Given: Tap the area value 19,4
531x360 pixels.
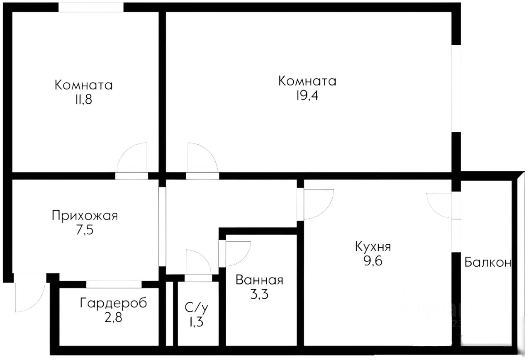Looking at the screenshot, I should click(x=307, y=96).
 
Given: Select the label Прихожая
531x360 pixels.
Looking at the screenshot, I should click(x=85, y=216).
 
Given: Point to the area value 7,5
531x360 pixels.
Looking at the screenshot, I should click(x=85, y=230).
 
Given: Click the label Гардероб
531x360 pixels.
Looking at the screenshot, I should click(x=113, y=303).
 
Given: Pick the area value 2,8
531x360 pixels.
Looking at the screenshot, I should click(x=113, y=318).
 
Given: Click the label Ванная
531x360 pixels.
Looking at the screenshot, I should click(x=259, y=280).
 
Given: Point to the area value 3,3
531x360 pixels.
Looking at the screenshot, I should click(x=259, y=294).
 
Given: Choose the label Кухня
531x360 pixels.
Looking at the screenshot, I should click(x=373, y=247).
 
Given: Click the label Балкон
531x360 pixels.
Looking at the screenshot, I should click(x=487, y=262).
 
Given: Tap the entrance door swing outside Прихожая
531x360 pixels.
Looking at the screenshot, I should click(x=29, y=297).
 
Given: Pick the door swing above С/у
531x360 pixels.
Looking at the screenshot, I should click(x=199, y=263).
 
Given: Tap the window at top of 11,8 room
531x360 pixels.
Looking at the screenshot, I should click(x=91, y=7).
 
